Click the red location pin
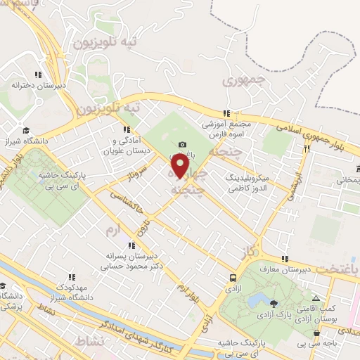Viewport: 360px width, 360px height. (x=180, y=167)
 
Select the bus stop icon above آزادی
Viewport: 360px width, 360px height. (x=233, y=277)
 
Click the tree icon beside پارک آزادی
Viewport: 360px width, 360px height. (x=273, y=303)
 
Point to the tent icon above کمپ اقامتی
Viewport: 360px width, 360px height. (x=315, y=299)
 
